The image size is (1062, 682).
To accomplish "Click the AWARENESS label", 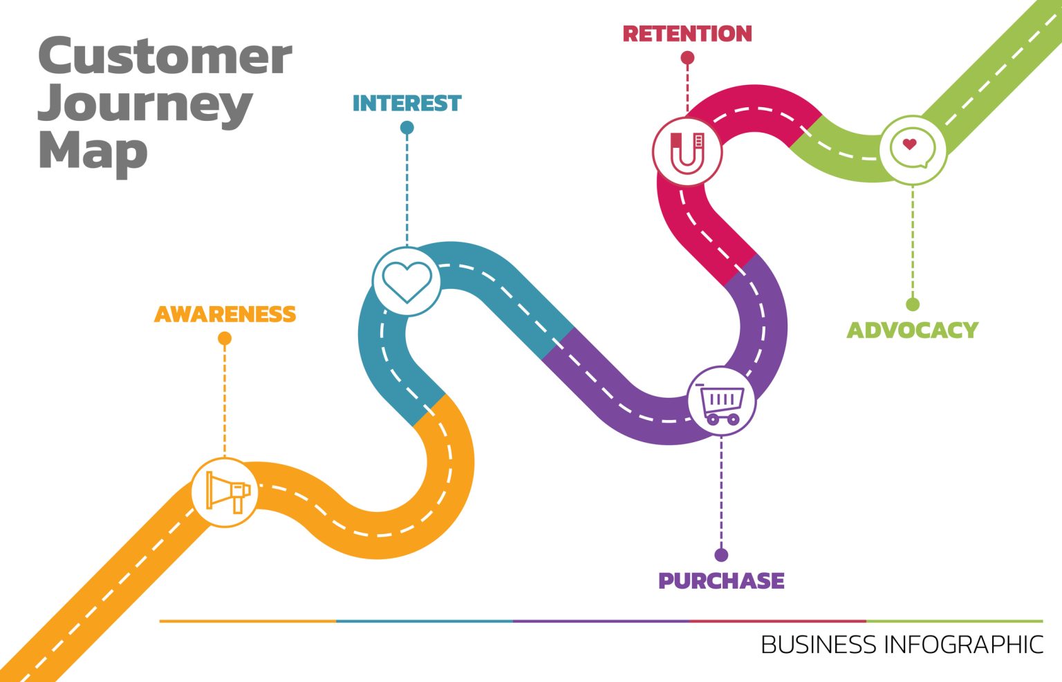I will coord(225,314).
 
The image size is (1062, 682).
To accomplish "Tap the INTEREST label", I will coord(407,104).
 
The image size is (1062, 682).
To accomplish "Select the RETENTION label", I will coord(687,34).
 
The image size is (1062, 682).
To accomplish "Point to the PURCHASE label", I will coord(721,581).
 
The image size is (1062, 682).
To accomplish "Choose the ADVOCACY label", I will coord(913,330).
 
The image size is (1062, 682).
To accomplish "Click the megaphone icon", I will coord(225,493).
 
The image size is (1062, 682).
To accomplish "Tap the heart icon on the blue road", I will coord(407,281).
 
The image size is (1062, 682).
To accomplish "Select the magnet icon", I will coord(687,151).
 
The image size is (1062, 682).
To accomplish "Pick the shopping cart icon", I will coord(721,401).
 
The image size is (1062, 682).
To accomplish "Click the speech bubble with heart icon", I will coord(913,149).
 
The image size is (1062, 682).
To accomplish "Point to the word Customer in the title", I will coord(165,57).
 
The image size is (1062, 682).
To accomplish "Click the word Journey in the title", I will coord(145,104).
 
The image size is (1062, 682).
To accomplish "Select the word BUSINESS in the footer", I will coord(819,645).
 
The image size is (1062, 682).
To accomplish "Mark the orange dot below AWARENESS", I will coord(225,339).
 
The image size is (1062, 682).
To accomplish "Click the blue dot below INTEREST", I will coord(407,128).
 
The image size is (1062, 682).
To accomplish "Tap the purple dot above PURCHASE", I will coord(721,555).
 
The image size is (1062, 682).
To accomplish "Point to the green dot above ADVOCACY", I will coord(913,305).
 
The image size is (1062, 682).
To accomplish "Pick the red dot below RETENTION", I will coord(687,58).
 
